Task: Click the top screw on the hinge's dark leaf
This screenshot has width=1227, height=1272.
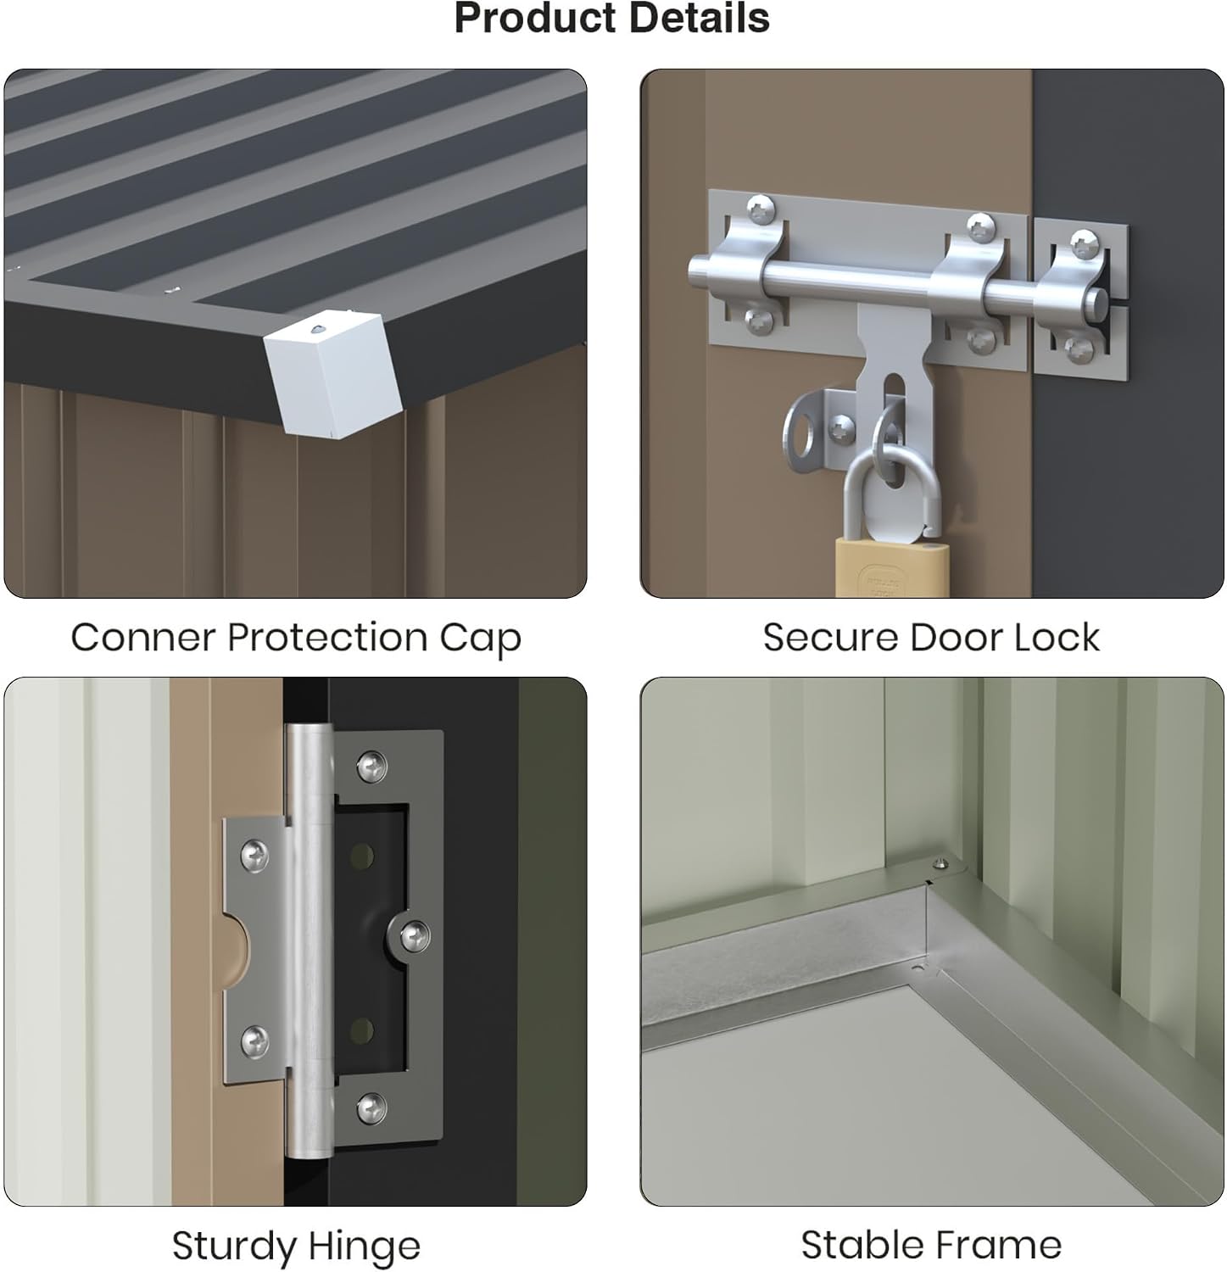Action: tap(372, 766)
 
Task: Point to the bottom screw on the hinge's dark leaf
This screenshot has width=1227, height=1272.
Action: tap(371, 1107)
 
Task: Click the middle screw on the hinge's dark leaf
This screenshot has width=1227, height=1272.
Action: tap(414, 935)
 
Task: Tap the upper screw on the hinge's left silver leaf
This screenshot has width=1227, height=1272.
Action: tap(254, 854)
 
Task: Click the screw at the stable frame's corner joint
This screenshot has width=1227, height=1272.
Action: tap(940, 864)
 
